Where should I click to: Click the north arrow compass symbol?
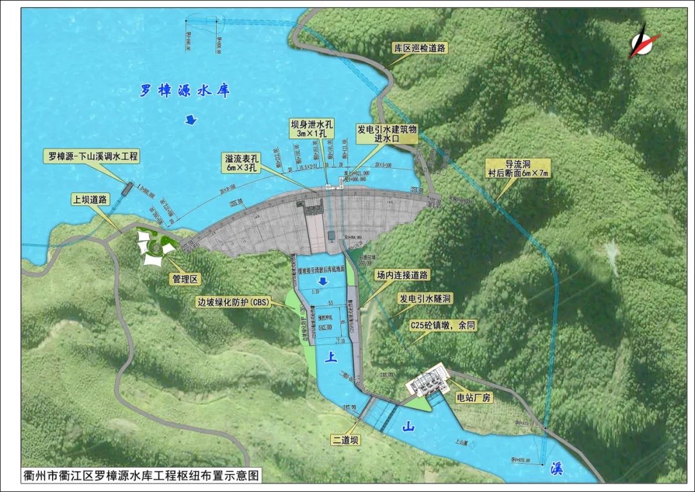tap(645, 40)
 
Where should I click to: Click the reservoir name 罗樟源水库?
tap(185, 91)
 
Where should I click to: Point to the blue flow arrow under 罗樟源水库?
tap(191, 119)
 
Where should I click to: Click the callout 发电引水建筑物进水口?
tap(387, 133)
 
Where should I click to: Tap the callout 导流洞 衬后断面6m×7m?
tap(515, 169)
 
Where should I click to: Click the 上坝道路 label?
tap(90, 200)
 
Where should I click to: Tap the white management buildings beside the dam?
tap(155, 249)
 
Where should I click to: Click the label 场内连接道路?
tap(403, 274)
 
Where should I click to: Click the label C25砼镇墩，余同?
tap(444, 326)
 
